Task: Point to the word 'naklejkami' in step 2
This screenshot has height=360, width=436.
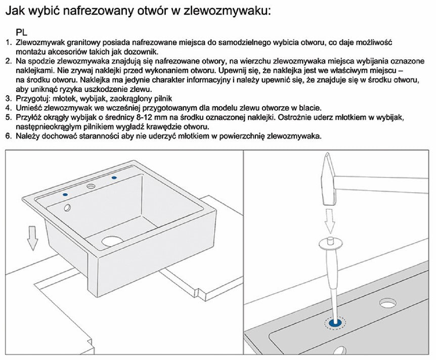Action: (33, 70)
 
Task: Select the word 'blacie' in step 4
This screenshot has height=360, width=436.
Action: (309, 107)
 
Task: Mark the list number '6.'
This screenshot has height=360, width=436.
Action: (8, 136)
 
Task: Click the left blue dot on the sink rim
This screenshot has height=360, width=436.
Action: (64, 194)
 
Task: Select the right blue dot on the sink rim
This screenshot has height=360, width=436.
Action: (113, 177)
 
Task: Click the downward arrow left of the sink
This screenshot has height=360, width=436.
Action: (32, 238)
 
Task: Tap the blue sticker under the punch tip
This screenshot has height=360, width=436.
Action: (334, 323)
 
